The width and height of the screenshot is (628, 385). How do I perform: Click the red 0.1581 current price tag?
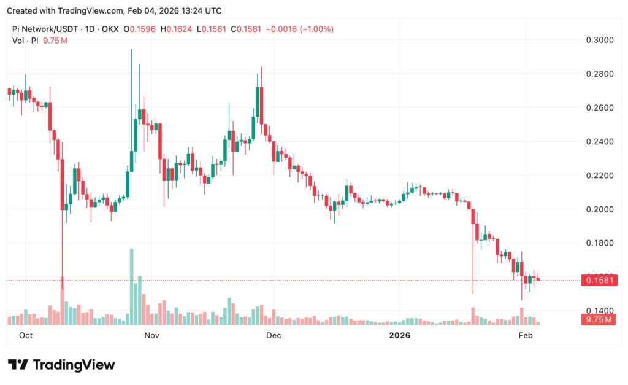click(x=598, y=281)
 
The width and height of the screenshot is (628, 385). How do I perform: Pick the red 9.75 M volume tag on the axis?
click(x=598, y=320)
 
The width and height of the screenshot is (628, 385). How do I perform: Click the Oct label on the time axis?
click(x=26, y=336)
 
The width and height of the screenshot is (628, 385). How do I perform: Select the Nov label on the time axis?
click(x=151, y=336)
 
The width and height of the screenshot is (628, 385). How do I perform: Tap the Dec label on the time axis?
click(x=274, y=336)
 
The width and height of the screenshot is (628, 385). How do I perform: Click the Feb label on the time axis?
click(x=526, y=336)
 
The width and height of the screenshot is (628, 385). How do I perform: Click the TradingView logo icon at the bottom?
click(x=18, y=365)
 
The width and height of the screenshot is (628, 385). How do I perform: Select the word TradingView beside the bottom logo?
click(x=74, y=365)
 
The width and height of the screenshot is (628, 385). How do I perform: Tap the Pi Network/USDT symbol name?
click(x=46, y=29)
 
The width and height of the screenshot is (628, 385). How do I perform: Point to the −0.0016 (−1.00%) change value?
click(x=298, y=29)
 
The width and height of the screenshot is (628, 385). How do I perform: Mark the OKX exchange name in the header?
click(x=110, y=29)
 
